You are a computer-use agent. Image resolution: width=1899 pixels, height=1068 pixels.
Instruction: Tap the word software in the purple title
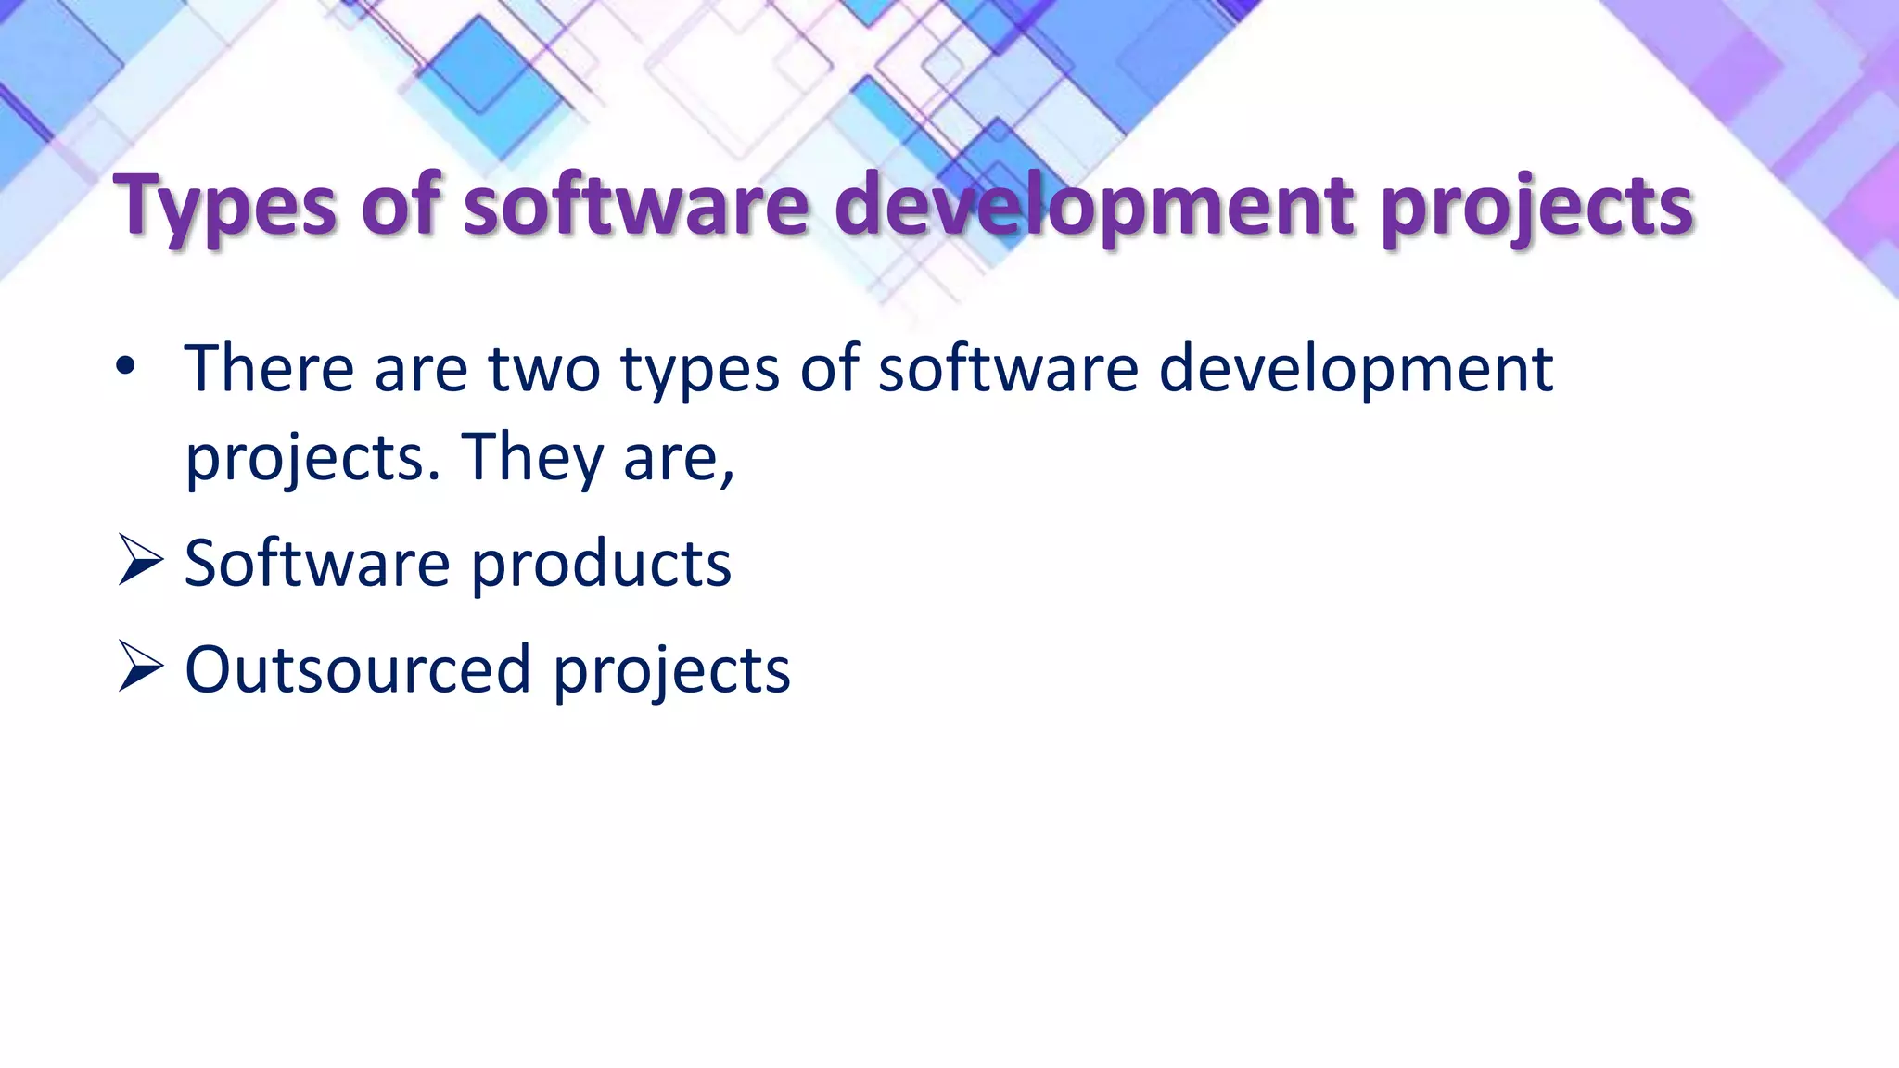coord(637,206)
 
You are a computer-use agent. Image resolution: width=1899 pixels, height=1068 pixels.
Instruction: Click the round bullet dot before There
coord(126,368)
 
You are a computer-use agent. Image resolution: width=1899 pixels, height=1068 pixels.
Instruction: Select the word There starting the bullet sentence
coord(269,368)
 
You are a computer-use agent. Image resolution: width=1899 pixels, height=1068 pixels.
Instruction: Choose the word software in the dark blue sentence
coord(1008,368)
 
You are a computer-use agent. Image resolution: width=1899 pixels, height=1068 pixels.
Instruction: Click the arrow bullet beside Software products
coord(140,562)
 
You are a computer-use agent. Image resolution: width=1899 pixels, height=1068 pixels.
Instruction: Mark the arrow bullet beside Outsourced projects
coord(140,668)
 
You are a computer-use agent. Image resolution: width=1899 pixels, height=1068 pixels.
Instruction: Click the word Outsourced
coord(358,668)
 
